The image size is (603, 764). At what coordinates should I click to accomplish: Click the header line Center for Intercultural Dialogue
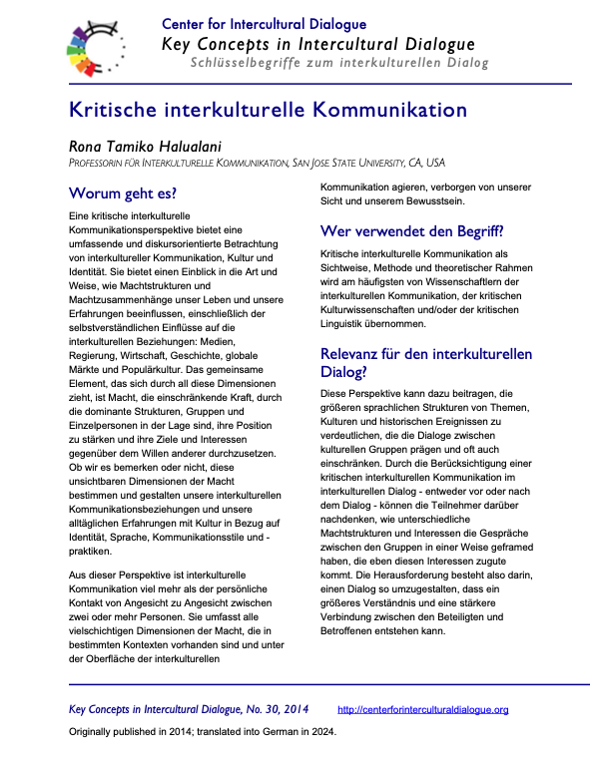tap(264, 24)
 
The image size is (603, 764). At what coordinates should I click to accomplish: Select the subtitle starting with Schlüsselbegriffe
tap(339, 64)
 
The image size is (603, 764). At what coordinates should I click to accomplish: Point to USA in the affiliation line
tap(432, 162)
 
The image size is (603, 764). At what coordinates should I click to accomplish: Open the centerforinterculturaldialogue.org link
tap(423, 710)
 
